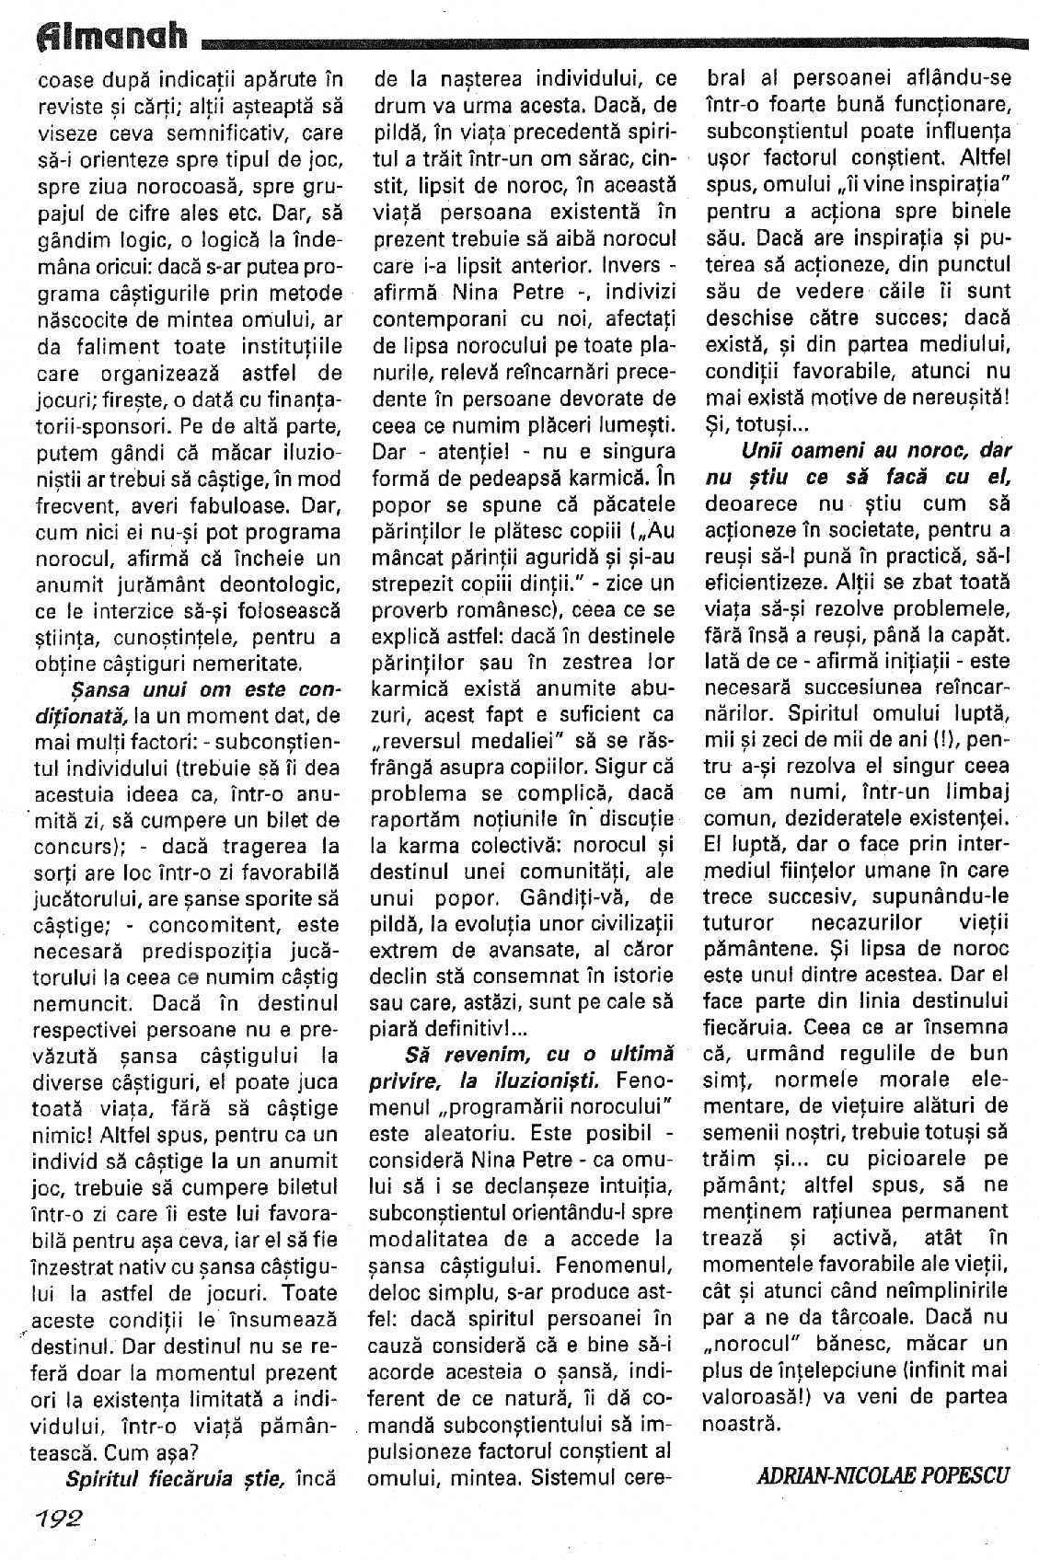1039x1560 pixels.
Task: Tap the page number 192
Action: coord(57,1518)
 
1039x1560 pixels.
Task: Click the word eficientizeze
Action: coord(759,582)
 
